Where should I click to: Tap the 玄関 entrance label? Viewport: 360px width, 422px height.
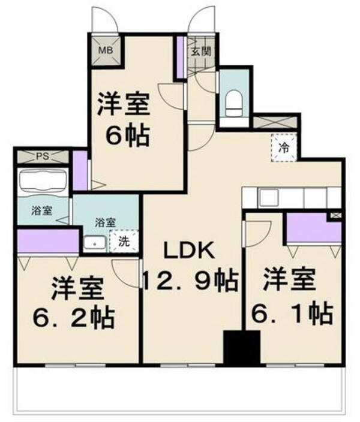[200, 52]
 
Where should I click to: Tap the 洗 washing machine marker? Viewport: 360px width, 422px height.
[124, 242]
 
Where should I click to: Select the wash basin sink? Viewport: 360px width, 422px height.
[94, 243]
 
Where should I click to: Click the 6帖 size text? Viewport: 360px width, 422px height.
[124, 137]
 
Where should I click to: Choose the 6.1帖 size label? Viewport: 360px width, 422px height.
[292, 312]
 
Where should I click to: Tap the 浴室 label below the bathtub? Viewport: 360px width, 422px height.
[42, 210]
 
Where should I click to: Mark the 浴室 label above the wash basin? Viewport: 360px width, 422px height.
[106, 222]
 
